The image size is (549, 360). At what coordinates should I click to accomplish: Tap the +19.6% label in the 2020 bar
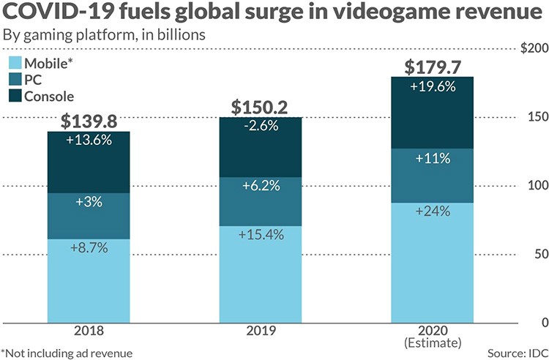point(437,86)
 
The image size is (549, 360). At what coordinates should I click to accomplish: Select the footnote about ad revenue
point(67,352)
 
